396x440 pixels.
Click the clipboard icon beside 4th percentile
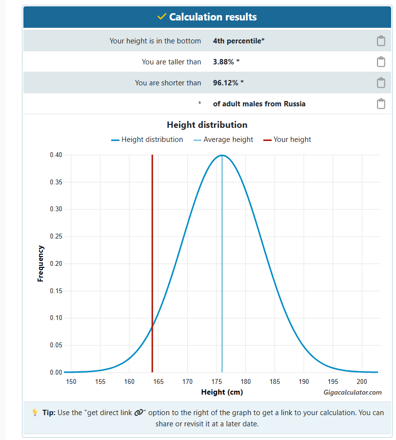coord(381,41)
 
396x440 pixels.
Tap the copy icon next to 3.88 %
coord(381,62)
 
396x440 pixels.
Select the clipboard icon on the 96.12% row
coord(381,83)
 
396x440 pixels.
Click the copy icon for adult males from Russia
coord(381,104)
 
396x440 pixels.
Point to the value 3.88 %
coord(226,62)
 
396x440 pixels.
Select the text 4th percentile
coord(238,41)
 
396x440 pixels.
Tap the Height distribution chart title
coord(207,125)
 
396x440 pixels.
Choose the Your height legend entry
coord(292,140)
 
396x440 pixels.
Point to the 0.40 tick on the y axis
coord(56,155)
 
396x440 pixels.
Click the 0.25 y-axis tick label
coord(56,237)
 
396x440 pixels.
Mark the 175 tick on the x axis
coord(217,381)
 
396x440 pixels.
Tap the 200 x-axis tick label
coord(362,381)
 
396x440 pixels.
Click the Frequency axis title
coord(41,263)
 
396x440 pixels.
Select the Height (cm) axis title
coord(222,392)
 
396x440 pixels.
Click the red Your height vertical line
coord(152,244)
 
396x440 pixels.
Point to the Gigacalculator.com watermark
coord(352,392)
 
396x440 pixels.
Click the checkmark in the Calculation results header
coord(162,17)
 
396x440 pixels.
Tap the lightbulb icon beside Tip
coord(35,413)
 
